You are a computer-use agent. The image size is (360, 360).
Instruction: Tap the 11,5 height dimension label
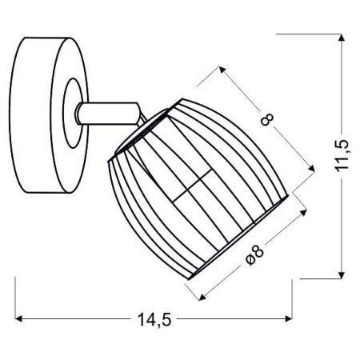pos(343,156)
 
